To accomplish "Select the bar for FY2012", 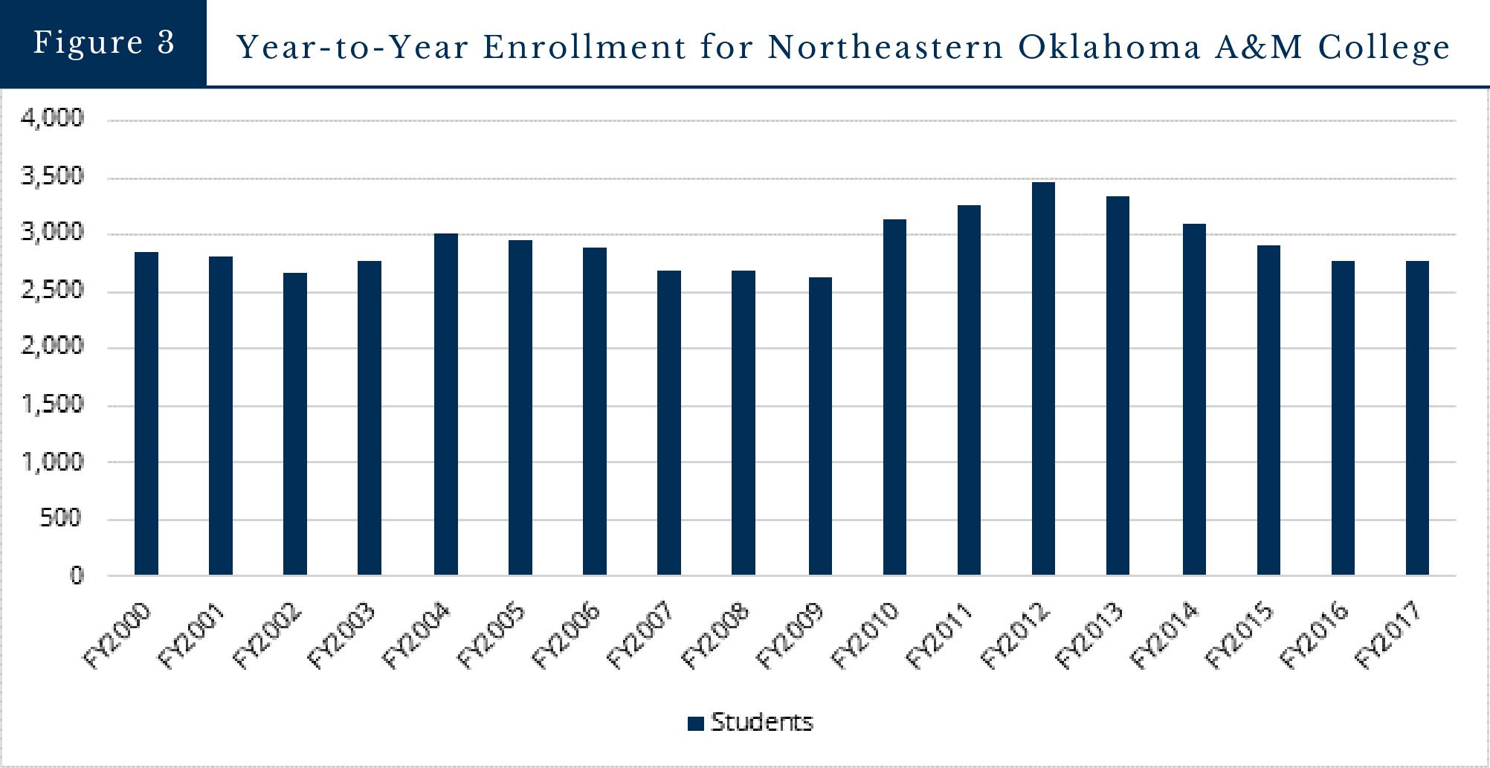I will [x=1043, y=378].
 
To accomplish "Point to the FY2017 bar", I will [x=1417, y=418].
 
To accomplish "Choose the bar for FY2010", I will [x=894, y=397].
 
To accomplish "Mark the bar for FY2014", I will [x=1194, y=399].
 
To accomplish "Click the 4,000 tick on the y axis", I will [x=53, y=117].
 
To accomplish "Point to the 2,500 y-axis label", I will [x=53, y=290].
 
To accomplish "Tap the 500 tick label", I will [x=62, y=518].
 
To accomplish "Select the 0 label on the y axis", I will [x=77, y=575].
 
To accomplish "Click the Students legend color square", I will [x=696, y=723].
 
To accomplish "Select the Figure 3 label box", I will [x=103, y=42].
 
